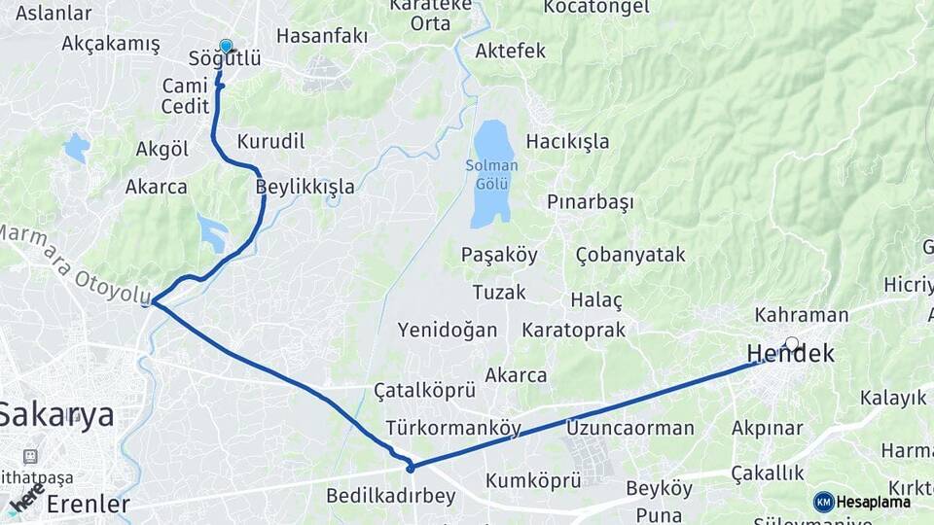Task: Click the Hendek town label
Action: pyautogui.click(x=790, y=354)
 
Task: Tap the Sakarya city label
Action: pyautogui.click(x=56, y=415)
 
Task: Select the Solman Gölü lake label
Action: pyautogui.click(x=491, y=174)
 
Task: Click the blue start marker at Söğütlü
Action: pyautogui.click(x=226, y=46)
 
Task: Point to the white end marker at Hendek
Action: pyautogui.click(x=792, y=343)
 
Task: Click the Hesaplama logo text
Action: pyautogui.click(x=873, y=502)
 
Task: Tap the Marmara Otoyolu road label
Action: pyautogui.click(x=73, y=263)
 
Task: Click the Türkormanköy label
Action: pyautogui.click(x=452, y=428)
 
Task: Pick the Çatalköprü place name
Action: pyautogui.click(x=424, y=391)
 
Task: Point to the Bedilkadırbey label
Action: pyautogui.click(x=390, y=496)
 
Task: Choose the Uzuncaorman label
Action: pyautogui.click(x=629, y=428)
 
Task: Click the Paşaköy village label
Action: pyautogui.click(x=498, y=255)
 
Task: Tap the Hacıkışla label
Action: pyautogui.click(x=567, y=142)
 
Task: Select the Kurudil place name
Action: pyautogui.click(x=270, y=142)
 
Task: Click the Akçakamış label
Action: pyautogui.click(x=110, y=43)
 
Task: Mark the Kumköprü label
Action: pyautogui.click(x=532, y=480)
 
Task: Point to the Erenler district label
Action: pyautogui.click(x=88, y=505)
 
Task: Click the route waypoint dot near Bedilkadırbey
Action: pyautogui.click(x=411, y=469)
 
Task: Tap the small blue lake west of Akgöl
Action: pyautogui.click(x=76, y=148)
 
